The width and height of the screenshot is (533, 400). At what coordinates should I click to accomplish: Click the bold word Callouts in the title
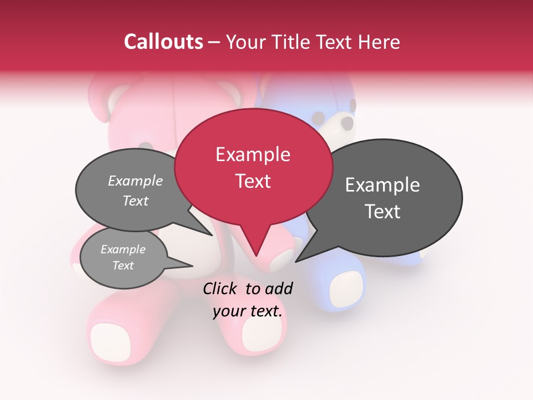point(163,42)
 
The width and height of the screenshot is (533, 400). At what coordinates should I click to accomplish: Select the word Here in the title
point(380,42)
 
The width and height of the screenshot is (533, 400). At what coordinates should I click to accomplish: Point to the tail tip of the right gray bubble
point(298,261)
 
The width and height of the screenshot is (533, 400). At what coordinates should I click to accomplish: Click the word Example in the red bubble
point(253,154)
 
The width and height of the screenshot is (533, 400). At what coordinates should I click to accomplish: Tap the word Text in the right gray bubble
point(383,212)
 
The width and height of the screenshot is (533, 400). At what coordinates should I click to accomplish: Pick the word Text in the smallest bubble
point(123,266)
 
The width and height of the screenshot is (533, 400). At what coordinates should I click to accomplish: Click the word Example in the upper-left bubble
point(135,181)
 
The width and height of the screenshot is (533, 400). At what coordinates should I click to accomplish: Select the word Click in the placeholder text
point(220,288)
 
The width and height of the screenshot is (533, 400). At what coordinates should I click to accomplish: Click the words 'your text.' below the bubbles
point(248,311)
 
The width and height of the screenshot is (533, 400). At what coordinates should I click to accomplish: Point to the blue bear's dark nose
point(346,122)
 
